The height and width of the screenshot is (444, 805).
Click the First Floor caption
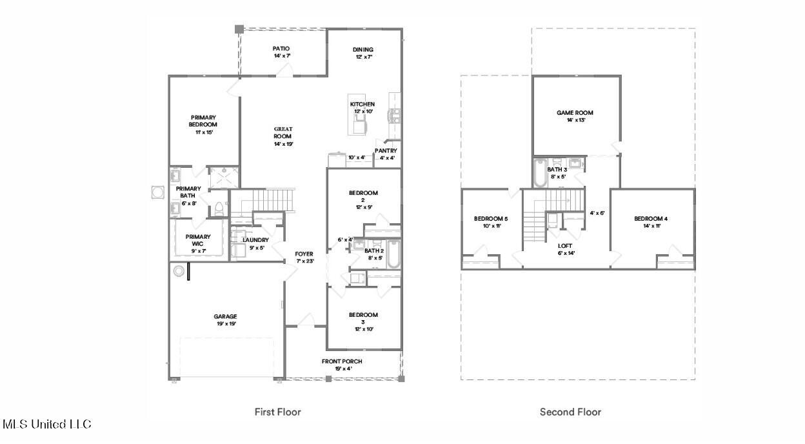click(x=277, y=412)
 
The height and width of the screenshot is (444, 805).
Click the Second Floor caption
click(x=570, y=412)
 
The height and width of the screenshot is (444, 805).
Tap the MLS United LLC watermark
click(x=46, y=424)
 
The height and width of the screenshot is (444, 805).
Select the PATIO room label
click(x=281, y=48)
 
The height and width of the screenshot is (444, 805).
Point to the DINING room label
click(x=363, y=50)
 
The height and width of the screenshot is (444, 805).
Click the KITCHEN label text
click(x=362, y=104)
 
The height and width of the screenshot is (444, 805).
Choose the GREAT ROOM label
click(x=283, y=133)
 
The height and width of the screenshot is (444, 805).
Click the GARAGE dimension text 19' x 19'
click(x=225, y=324)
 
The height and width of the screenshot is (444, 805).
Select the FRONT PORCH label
click(x=342, y=361)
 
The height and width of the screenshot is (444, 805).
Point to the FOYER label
click(x=304, y=254)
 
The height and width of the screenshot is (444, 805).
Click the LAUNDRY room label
click(x=255, y=240)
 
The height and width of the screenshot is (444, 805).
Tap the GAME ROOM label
click(x=575, y=113)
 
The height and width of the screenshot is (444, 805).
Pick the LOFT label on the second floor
click(x=566, y=245)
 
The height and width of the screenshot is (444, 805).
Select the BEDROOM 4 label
click(x=650, y=219)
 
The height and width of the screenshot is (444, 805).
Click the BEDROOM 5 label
click(x=487, y=218)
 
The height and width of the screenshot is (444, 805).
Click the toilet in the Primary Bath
click(x=219, y=208)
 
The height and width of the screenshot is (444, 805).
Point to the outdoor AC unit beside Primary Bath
click(x=157, y=192)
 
